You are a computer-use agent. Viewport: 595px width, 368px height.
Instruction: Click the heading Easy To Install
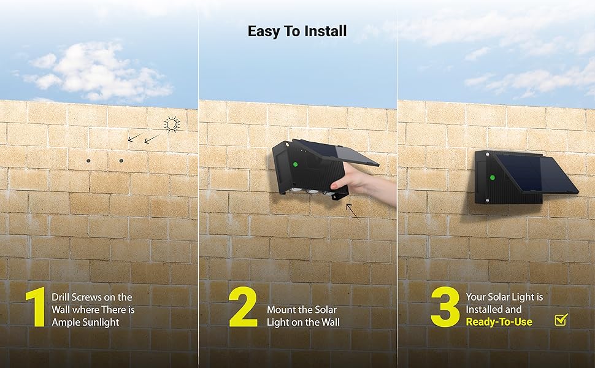click(297, 31)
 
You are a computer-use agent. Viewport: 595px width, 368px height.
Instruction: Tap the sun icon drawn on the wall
click(172, 125)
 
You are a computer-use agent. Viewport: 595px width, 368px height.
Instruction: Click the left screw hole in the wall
click(88, 161)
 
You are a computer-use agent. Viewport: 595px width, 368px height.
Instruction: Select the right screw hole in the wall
click(121, 161)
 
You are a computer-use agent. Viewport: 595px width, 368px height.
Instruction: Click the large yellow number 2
click(244, 307)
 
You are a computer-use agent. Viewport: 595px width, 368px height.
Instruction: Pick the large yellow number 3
click(445, 307)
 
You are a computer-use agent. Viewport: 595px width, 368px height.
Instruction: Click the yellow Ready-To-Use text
click(499, 322)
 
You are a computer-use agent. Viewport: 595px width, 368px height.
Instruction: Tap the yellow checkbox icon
click(561, 320)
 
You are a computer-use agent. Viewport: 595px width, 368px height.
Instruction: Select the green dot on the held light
click(295, 164)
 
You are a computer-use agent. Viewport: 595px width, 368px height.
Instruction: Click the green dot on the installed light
click(492, 177)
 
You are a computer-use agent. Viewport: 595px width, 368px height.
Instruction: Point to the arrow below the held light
click(353, 212)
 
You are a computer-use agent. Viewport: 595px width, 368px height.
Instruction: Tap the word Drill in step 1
click(60, 297)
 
